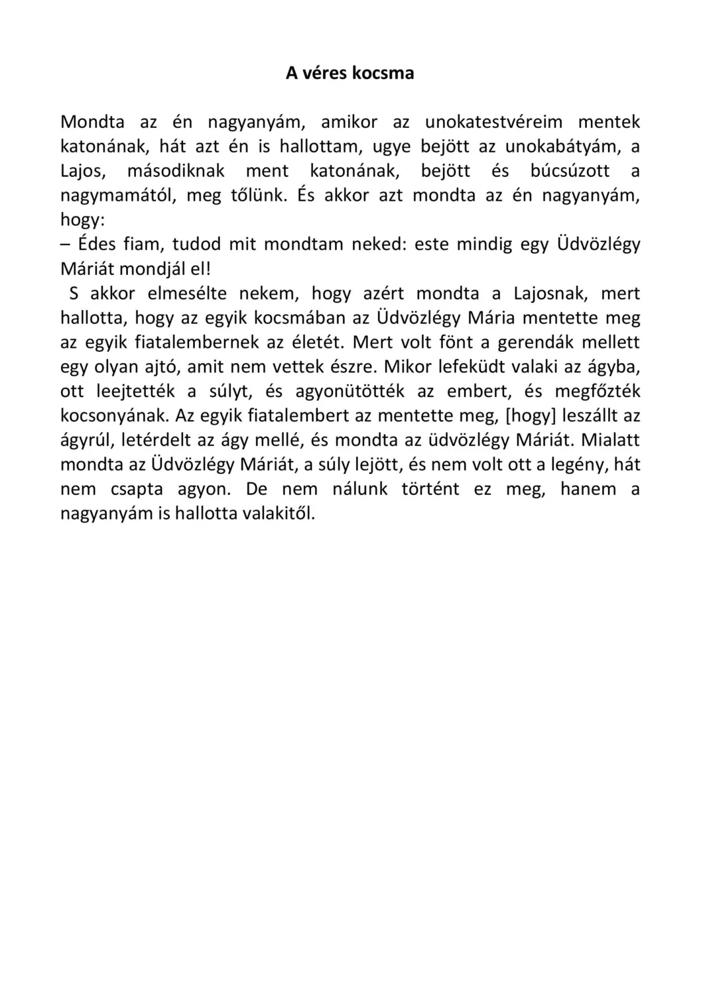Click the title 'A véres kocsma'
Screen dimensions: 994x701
coord(350,73)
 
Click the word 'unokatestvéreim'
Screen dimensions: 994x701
coord(493,122)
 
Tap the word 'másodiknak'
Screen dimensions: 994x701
coord(176,171)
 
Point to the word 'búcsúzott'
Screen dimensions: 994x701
coord(570,171)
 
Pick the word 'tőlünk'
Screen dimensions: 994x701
coord(255,195)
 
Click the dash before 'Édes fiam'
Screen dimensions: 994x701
coord(65,245)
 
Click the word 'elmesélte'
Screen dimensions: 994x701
coord(186,294)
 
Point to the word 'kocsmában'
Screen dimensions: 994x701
coord(300,318)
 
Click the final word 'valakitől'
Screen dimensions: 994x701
coord(278,514)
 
